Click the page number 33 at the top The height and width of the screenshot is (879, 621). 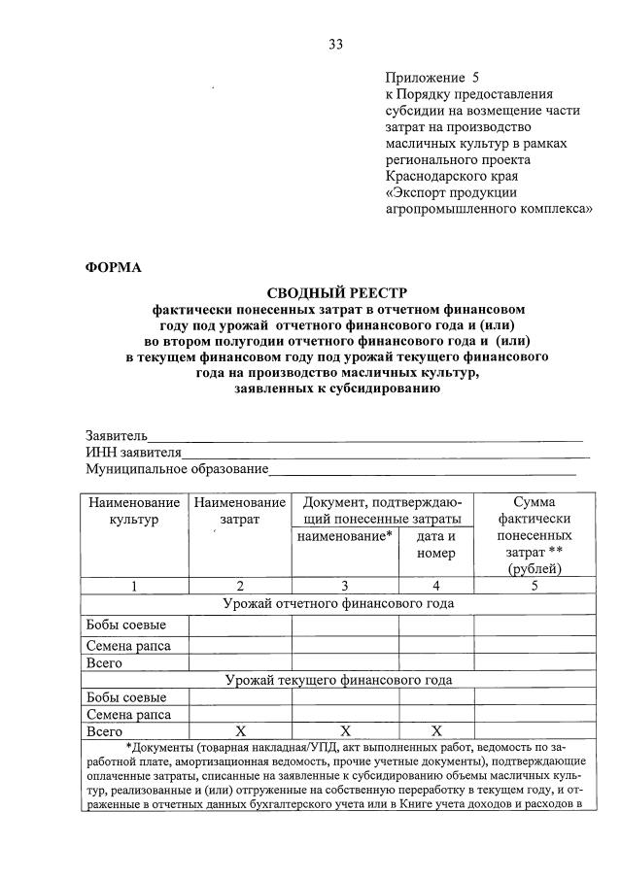(335, 44)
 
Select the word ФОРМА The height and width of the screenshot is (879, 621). (114, 268)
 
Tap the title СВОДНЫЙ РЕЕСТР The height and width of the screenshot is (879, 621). (337, 292)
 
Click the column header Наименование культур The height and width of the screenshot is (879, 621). (134, 511)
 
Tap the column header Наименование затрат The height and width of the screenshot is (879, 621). (239, 511)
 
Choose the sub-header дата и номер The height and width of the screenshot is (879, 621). (435, 544)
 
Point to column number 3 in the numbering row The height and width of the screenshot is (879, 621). (344, 586)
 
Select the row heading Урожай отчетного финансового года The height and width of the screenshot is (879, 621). (337, 603)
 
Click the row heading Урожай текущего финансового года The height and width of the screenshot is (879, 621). (337, 680)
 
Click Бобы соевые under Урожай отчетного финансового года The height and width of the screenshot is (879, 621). (125, 624)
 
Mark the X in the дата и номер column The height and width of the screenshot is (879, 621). (435, 731)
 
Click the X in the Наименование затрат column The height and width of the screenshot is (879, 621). (239, 731)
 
